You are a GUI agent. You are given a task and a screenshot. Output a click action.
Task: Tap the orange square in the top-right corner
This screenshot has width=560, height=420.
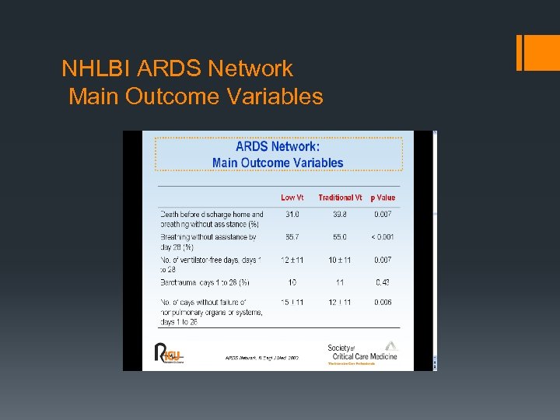pyautogui.click(x=538, y=52)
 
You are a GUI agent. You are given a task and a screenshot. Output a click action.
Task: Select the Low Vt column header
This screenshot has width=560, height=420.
pyautogui.click(x=292, y=198)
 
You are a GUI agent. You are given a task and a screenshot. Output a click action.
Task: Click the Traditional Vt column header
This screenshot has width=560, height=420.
pyautogui.click(x=340, y=198)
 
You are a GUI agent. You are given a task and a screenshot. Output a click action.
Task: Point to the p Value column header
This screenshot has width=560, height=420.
pyautogui.click(x=383, y=198)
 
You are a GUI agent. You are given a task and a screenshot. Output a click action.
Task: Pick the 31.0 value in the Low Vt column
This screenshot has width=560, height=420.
pyautogui.click(x=292, y=215)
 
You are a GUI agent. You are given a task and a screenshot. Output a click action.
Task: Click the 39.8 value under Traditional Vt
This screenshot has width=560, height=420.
pyautogui.click(x=340, y=215)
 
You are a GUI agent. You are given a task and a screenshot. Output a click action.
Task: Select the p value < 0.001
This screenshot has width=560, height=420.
pyautogui.click(x=383, y=237)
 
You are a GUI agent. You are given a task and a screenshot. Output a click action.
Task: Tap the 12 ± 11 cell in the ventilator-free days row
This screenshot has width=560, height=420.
pyautogui.click(x=292, y=260)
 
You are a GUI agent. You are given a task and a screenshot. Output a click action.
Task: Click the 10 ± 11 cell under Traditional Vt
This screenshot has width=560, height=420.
pyautogui.click(x=340, y=260)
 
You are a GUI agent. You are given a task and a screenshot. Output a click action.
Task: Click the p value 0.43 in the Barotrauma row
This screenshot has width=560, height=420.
pyautogui.click(x=383, y=282)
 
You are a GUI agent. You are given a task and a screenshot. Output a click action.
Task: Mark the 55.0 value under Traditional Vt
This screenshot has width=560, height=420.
pyautogui.click(x=340, y=237)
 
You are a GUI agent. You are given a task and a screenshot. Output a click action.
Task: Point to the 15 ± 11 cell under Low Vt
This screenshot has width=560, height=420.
pyautogui.click(x=292, y=303)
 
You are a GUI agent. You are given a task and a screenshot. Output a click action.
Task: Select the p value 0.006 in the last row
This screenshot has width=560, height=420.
pyautogui.click(x=383, y=303)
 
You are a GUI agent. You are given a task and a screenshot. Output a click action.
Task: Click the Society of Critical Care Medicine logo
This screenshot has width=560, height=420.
pyautogui.click(x=361, y=352)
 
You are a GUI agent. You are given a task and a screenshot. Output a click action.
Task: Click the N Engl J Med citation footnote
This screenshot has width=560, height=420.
pyautogui.click(x=261, y=359)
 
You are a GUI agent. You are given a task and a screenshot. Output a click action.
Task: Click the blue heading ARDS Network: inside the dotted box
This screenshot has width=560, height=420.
pyautogui.click(x=278, y=146)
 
